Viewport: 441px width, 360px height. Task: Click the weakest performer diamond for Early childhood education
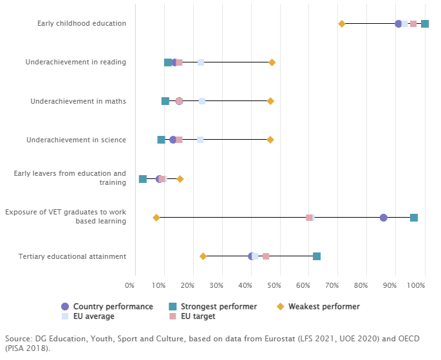(342, 24)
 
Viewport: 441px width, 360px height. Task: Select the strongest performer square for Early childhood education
(425, 24)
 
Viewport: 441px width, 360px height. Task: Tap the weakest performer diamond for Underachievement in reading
(272, 62)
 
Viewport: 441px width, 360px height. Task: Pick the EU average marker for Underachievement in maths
(202, 101)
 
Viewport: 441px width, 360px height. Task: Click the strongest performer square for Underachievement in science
(161, 140)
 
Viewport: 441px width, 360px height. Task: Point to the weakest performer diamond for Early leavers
(180, 179)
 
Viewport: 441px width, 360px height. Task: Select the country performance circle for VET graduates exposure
(384, 218)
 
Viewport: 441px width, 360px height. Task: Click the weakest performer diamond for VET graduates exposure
(156, 218)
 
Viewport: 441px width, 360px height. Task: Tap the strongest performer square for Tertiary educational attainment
(317, 256)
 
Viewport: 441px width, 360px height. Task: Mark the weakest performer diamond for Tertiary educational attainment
(203, 256)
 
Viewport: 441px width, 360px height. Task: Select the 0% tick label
(130, 285)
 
